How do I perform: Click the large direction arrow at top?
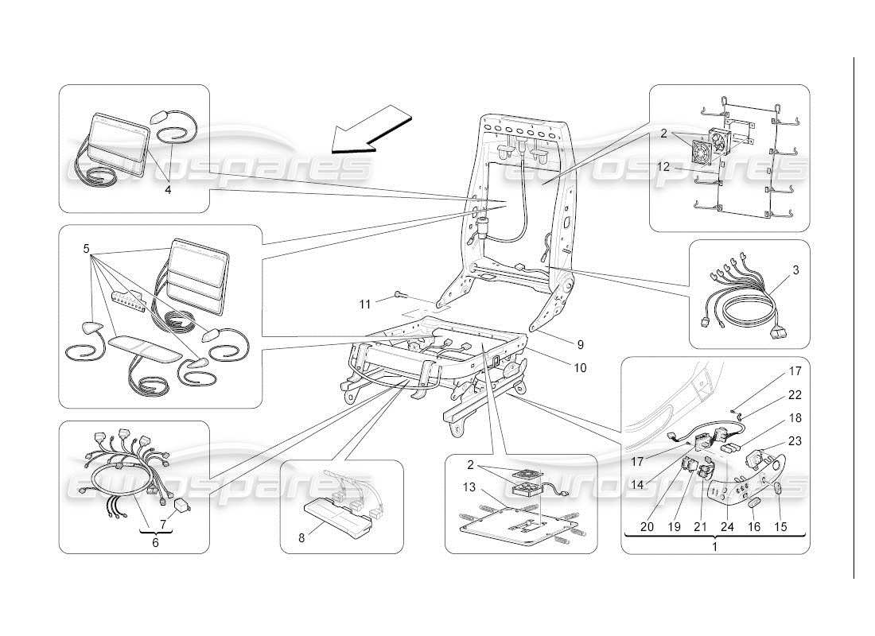click(x=371, y=132)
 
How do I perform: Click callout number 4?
click(x=168, y=190)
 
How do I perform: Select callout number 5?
click(x=85, y=248)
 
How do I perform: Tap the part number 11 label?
click(x=364, y=304)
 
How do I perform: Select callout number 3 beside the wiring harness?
click(x=795, y=270)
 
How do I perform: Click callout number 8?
click(x=301, y=538)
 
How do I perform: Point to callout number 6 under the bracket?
click(x=155, y=542)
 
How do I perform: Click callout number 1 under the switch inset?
click(x=714, y=547)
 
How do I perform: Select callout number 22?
click(x=795, y=394)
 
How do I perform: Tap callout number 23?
click(x=795, y=440)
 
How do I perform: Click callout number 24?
click(x=727, y=526)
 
